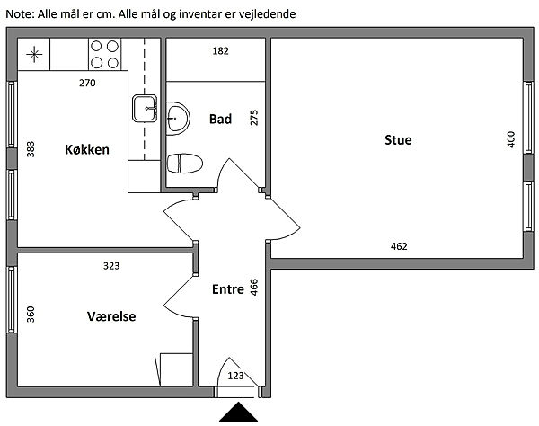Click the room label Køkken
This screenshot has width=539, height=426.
pyautogui.click(x=87, y=149)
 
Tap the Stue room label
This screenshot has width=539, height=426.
pyautogui.click(x=398, y=139)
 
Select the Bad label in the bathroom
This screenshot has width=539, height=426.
pyautogui.click(x=221, y=119)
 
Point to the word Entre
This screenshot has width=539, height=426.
pyautogui.click(x=228, y=289)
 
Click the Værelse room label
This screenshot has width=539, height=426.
pyautogui.click(x=111, y=316)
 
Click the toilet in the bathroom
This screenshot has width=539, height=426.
pyautogui.click(x=185, y=163)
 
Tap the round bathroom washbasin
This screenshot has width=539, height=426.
pyautogui.click(x=178, y=115)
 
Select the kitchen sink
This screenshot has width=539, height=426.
pyautogui.click(x=145, y=108)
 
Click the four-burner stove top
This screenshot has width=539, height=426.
pyautogui.click(x=105, y=54)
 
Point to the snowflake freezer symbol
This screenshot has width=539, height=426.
pyautogui.click(x=34, y=54)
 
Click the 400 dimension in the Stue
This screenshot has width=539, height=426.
pyautogui.click(x=510, y=139)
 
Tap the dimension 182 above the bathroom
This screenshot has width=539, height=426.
pyautogui.click(x=220, y=51)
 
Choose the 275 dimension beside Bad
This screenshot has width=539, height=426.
pyautogui.click(x=253, y=119)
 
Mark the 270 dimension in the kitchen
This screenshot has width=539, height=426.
pyautogui.click(x=87, y=84)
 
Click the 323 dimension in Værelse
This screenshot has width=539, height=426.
pyautogui.click(x=111, y=266)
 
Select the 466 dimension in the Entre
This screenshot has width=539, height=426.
pyautogui.click(x=254, y=288)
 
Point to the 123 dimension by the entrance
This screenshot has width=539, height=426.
pyautogui.click(x=235, y=375)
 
